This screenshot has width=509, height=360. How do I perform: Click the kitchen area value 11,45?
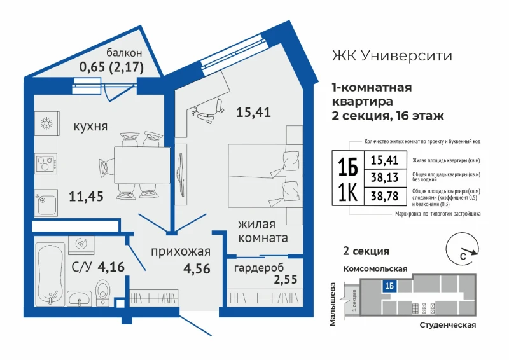point(86,197)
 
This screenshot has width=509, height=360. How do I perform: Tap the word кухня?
point(90,127)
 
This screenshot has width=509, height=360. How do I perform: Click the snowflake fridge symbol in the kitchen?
point(46,123)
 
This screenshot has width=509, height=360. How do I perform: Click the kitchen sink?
point(46,202)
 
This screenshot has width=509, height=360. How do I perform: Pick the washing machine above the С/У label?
point(81,245)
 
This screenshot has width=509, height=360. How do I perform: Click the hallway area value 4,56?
point(197,269)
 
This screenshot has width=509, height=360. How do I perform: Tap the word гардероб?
point(259,268)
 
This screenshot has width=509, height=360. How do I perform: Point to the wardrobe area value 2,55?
point(286,279)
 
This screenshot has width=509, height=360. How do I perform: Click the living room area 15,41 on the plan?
point(253,113)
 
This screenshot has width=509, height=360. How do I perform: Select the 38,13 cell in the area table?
point(385,177)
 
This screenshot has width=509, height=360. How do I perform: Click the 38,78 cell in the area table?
point(385,196)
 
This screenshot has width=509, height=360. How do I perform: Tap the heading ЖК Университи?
point(392,55)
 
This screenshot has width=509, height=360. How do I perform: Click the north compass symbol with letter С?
point(463,249)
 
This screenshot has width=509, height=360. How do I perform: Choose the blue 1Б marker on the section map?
point(389,286)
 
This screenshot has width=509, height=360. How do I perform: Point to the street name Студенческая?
point(448,325)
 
